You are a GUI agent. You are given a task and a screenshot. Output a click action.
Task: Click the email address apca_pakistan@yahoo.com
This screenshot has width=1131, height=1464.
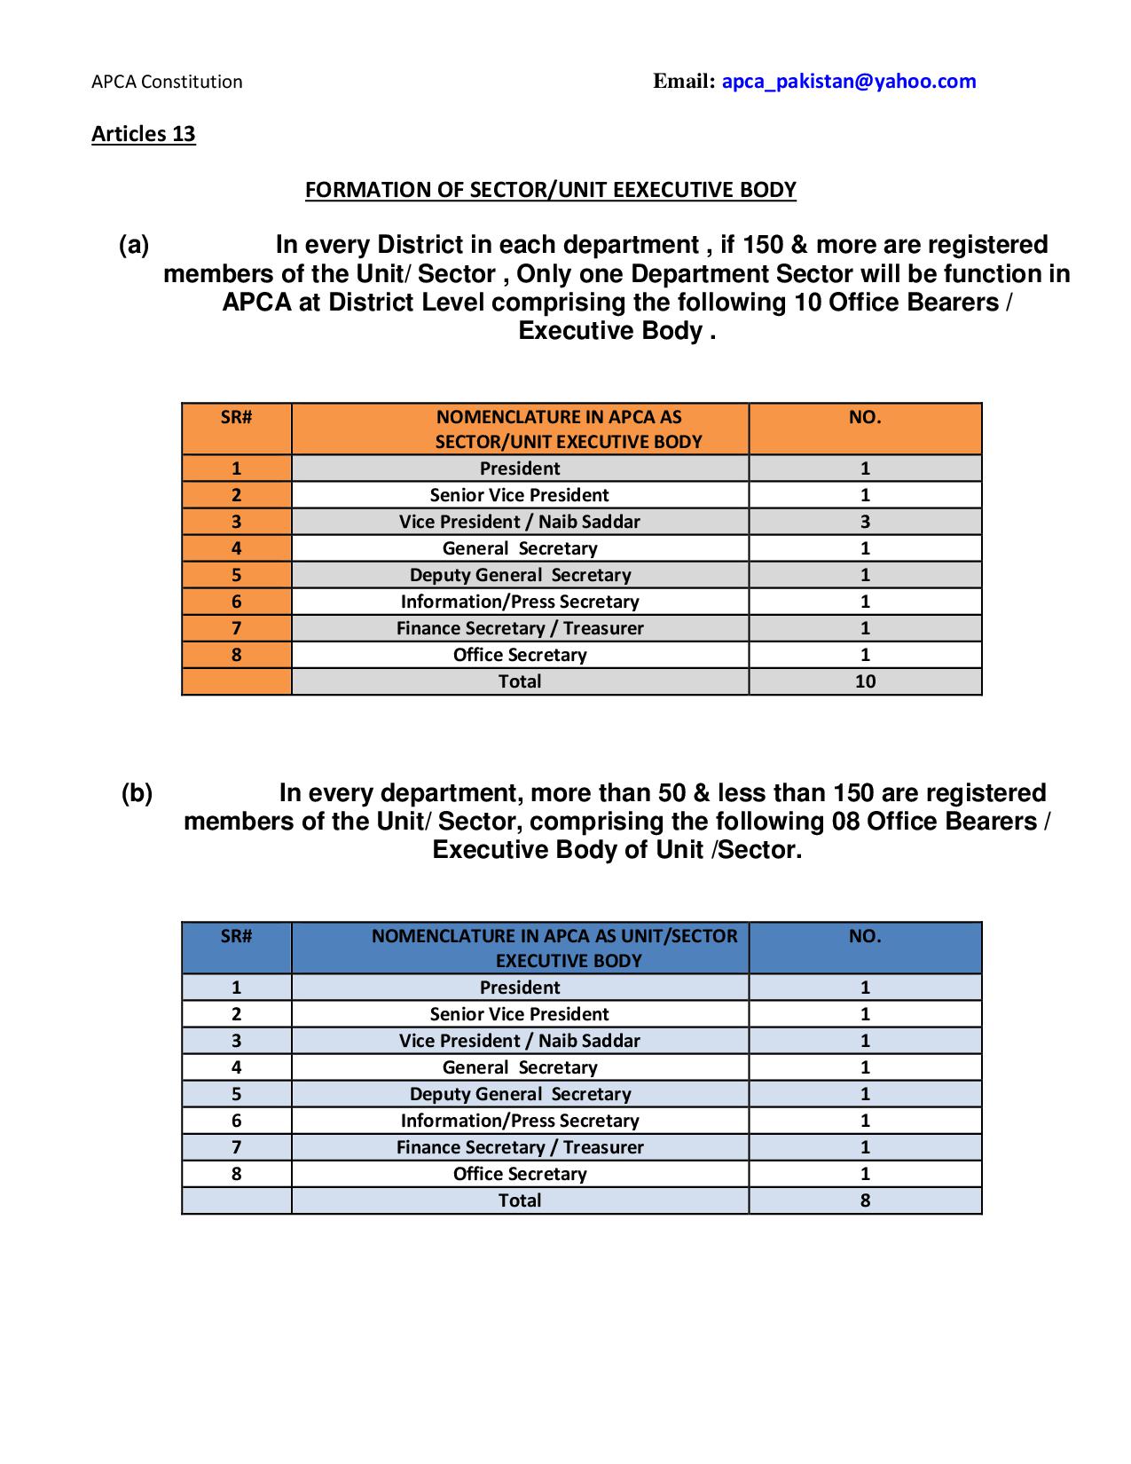[x=848, y=82]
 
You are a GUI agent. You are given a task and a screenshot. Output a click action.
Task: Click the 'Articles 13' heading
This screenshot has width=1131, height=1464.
[x=143, y=134]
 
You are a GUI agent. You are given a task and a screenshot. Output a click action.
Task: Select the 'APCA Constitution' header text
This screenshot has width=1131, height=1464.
[x=167, y=82]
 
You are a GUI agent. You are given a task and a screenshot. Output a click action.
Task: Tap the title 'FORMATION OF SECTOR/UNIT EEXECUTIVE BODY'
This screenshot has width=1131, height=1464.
[x=550, y=190]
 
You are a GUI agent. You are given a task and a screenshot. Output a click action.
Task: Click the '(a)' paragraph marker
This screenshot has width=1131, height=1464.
[x=134, y=245]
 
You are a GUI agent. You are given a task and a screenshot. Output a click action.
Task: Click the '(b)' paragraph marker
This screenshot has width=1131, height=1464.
[x=137, y=793]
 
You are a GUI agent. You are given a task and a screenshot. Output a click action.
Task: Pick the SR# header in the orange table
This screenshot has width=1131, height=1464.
[x=236, y=417]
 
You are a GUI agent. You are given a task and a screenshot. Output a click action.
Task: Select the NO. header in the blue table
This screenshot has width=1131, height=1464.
[x=865, y=936]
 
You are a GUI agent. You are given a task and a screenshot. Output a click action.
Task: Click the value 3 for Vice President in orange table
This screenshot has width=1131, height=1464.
[x=865, y=522]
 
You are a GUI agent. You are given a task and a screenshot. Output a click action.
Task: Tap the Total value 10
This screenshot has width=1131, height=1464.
[x=865, y=681]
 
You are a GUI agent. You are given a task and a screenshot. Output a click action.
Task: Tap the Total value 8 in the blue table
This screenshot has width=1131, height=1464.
[x=865, y=1200]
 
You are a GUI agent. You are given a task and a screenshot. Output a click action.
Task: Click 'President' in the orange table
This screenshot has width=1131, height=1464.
[x=520, y=468]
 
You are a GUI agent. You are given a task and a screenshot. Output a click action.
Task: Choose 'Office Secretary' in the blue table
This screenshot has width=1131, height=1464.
[x=520, y=1174]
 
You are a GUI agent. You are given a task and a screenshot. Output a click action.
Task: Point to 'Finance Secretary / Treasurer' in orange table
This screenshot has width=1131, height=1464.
[x=520, y=628]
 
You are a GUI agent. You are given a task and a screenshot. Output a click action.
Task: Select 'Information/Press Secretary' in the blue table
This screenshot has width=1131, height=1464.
[x=520, y=1121]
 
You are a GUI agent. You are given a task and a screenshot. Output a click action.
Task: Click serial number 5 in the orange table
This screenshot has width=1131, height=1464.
[x=236, y=575]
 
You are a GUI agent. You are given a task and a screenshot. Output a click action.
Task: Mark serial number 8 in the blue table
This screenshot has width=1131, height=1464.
[x=236, y=1174]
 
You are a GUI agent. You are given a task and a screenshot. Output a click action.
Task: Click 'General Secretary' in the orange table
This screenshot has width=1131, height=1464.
[x=520, y=548]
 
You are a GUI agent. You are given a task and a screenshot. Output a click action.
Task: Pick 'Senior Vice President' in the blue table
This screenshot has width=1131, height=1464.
[x=520, y=1014]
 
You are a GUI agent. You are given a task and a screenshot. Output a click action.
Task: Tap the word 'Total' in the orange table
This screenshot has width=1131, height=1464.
[x=520, y=681]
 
